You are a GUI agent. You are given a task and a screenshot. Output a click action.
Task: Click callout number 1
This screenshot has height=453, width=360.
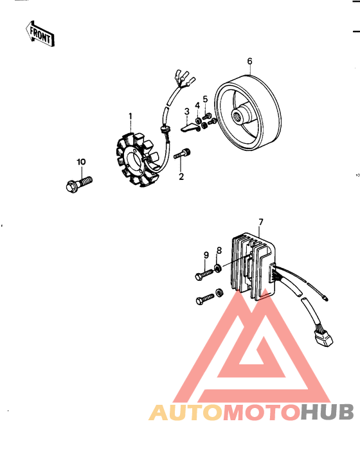(x=130, y=117)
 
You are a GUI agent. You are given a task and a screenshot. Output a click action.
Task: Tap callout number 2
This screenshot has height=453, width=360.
(x=181, y=177)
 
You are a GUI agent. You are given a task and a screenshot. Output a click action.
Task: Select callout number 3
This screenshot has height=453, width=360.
(x=186, y=111)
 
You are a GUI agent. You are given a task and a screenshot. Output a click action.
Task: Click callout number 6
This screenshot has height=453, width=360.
(x=249, y=62)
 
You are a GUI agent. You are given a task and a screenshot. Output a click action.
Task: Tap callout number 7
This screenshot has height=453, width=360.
(x=261, y=223)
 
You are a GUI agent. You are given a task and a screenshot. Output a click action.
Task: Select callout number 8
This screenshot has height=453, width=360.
(x=219, y=250)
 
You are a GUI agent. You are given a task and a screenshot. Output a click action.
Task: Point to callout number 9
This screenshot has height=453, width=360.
(x=206, y=254)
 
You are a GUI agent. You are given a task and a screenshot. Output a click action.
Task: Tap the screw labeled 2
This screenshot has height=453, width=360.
(x=182, y=154)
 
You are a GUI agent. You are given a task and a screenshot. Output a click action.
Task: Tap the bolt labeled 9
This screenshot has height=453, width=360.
(x=203, y=275)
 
